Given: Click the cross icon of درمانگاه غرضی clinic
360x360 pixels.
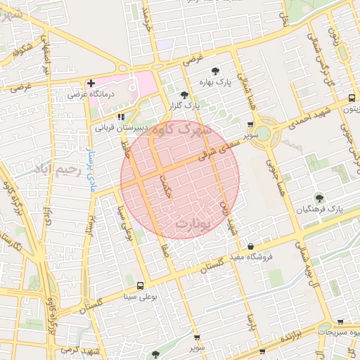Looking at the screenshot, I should click(x=91, y=83).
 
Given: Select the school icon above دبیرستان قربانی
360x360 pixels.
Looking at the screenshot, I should click(x=121, y=117).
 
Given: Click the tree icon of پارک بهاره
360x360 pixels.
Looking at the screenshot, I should click(x=214, y=71).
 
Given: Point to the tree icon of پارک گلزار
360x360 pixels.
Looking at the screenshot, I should click(x=184, y=94).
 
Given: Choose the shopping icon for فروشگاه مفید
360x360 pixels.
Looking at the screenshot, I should click(x=251, y=245).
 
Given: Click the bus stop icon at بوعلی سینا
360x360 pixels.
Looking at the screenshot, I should click(x=141, y=285).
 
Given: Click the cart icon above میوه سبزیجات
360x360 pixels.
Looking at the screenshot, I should click(x=340, y=321).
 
